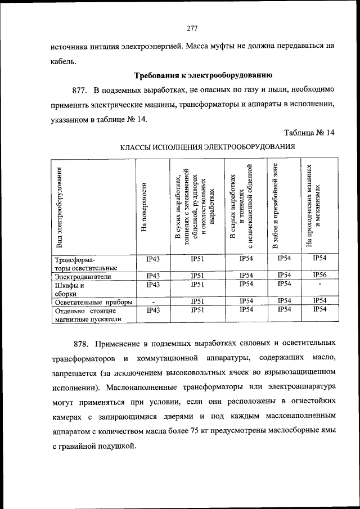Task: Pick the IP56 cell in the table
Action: [x=319, y=275]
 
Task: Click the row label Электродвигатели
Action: [x=83, y=277]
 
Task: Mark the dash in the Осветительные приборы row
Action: [x=153, y=302]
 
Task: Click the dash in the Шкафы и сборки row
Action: [x=319, y=285]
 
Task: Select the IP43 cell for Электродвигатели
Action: [x=153, y=276]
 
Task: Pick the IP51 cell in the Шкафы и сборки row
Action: [x=197, y=285]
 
